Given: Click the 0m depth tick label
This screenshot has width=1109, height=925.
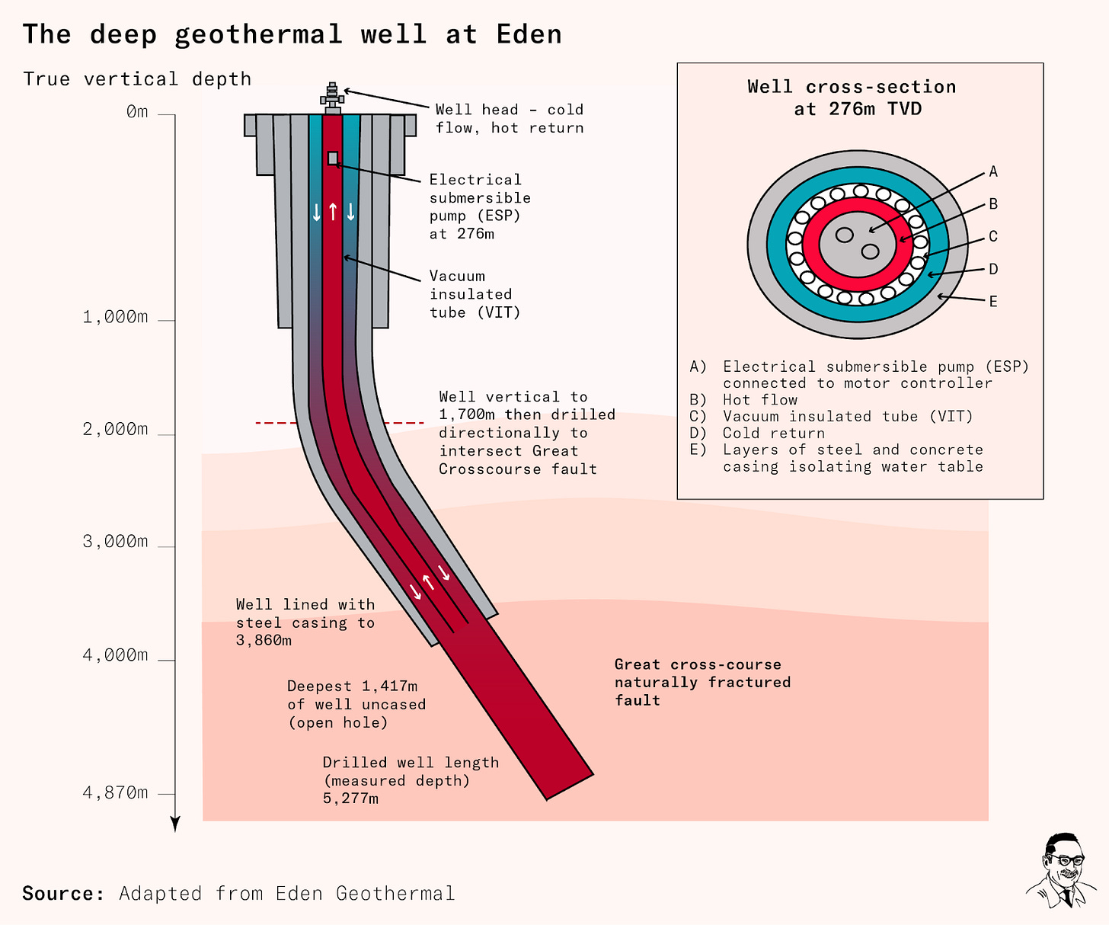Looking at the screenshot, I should [137, 113].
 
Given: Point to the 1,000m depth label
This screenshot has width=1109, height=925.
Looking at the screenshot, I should [115, 317].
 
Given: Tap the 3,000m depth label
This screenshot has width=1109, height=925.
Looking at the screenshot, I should [115, 542].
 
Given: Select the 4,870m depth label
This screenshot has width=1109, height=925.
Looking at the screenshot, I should [115, 793].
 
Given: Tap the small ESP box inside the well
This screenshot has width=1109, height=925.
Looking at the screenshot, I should [333, 158].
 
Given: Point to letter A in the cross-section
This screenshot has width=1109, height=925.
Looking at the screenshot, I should [993, 172].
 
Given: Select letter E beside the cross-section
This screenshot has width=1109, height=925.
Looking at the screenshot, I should [993, 302].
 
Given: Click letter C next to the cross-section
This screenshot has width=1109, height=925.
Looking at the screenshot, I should [993, 237].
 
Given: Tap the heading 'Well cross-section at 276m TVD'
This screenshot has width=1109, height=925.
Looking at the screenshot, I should [852, 98].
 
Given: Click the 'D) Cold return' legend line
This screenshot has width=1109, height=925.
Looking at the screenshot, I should [758, 434].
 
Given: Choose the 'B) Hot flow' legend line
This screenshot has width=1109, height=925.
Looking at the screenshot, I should [744, 400].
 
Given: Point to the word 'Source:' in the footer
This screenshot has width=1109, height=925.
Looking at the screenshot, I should [63, 893].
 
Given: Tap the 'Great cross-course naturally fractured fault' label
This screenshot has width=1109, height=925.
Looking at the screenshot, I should [702, 683].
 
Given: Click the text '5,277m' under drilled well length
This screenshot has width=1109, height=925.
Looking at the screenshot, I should [350, 799].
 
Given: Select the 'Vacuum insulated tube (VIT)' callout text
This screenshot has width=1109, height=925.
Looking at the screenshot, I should [475, 294].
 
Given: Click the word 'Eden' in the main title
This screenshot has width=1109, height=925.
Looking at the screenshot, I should [529, 35].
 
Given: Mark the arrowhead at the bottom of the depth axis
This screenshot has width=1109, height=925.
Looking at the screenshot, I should [175, 824].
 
